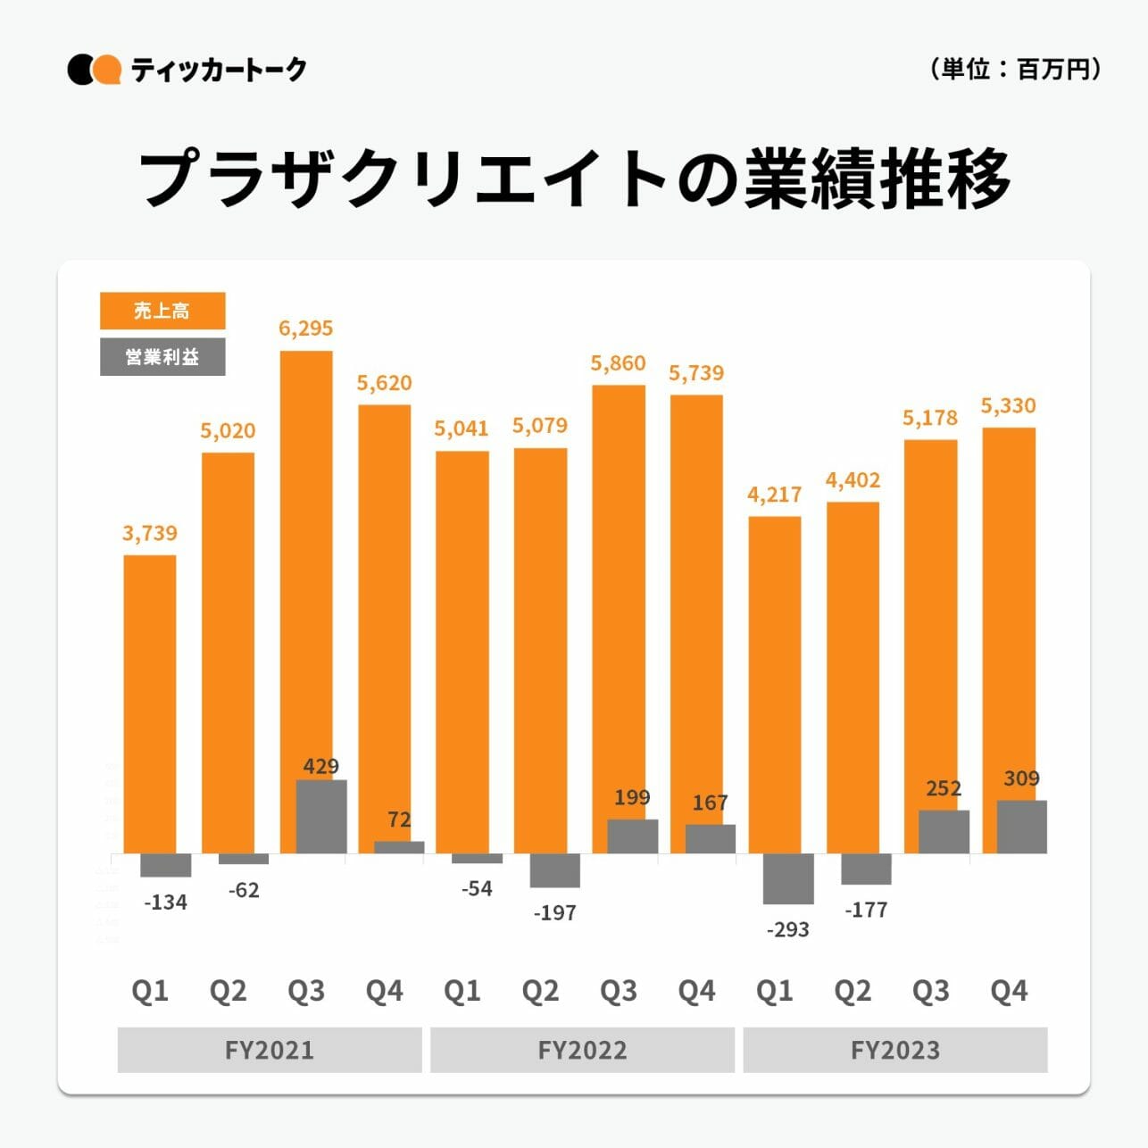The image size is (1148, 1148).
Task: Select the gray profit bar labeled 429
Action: (321, 817)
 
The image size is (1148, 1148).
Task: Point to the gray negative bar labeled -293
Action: (788, 878)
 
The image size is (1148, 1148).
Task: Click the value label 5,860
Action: (618, 363)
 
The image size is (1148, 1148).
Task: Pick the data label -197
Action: (554, 913)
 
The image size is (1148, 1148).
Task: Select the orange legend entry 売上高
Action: (162, 311)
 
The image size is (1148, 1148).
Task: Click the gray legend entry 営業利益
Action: (162, 357)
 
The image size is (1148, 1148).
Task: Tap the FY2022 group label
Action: (582, 1050)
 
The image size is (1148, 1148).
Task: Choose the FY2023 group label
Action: (894, 1050)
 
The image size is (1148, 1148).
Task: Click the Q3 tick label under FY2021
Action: (306, 991)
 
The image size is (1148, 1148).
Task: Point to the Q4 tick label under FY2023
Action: (1009, 991)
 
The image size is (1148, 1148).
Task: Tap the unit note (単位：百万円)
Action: (1015, 69)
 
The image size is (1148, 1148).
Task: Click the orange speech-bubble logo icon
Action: (107, 70)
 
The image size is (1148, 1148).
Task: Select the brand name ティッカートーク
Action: (219, 70)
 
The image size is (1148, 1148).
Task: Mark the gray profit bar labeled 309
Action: (1021, 827)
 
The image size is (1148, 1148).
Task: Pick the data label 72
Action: (399, 819)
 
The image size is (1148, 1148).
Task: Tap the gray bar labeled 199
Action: (632, 836)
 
